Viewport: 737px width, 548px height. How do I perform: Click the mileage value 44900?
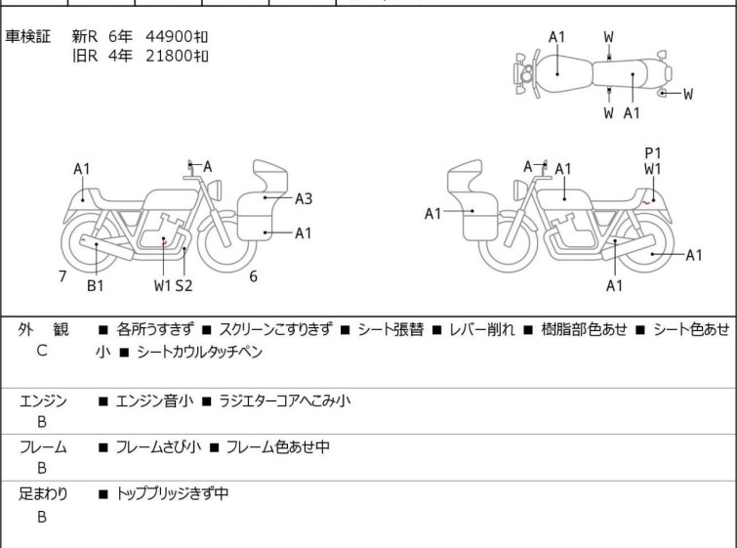coord(168,36)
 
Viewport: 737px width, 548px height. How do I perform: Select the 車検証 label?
coord(28,36)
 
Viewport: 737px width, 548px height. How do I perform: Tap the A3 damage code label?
coord(303,199)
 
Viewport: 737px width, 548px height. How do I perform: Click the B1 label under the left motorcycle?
coord(96,285)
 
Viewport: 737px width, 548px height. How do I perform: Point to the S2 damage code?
coord(184,285)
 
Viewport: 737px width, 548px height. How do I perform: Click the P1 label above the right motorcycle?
coord(653,152)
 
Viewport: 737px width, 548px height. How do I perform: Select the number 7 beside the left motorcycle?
coord(62,276)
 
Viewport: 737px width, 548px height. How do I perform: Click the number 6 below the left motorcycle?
coord(253,276)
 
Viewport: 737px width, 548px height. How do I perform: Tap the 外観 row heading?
coord(43,330)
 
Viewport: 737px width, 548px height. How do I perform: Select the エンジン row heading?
coord(43,400)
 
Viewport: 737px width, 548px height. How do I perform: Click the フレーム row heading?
coord(43,447)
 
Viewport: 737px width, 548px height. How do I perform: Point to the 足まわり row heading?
coord(43,494)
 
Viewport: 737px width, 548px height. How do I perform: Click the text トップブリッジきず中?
coord(172,494)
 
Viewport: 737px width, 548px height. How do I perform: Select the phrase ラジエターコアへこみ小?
coord(285,400)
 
